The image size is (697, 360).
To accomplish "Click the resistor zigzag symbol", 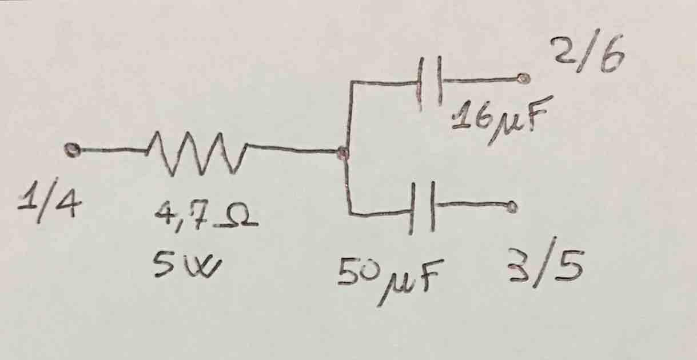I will point(197,153).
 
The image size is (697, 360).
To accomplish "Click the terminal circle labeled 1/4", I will point(71,150).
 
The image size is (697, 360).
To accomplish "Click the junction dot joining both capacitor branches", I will point(342,153).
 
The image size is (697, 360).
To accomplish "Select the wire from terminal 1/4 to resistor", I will point(109,151).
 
